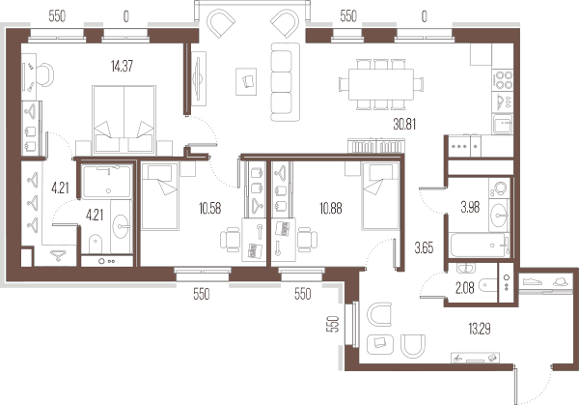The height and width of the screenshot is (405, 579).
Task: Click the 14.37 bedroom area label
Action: click(x=122, y=66)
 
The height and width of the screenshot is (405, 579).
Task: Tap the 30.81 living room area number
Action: click(x=404, y=125)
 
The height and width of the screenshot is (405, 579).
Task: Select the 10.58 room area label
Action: click(x=209, y=208)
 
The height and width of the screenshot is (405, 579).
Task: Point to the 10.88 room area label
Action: click(x=330, y=208)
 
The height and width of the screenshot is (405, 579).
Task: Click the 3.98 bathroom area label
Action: click(x=470, y=208)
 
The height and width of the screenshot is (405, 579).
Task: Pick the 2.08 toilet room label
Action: click(x=464, y=288)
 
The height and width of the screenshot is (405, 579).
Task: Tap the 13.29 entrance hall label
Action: click(x=480, y=329)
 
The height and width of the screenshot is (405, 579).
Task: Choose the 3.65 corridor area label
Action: click(x=424, y=248)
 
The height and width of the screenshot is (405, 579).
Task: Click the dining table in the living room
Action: click(x=381, y=84)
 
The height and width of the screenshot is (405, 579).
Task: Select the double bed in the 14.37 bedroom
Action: click(x=124, y=120)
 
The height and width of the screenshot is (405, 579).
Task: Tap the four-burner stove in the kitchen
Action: click(x=503, y=80)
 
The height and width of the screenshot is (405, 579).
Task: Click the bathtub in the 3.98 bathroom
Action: click(x=480, y=245)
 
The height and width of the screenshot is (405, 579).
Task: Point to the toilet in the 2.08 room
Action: click(x=487, y=285)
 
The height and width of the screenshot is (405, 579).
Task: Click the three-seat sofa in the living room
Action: click(x=285, y=82)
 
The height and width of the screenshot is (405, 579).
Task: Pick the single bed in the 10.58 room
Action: click(x=160, y=196)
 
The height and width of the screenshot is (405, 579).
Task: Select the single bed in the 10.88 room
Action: click(x=381, y=196)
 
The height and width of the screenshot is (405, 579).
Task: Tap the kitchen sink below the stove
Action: click(x=502, y=125)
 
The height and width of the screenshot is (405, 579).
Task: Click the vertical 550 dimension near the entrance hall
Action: click(x=334, y=324)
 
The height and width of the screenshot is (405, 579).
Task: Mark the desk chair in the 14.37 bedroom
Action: click(x=45, y=75)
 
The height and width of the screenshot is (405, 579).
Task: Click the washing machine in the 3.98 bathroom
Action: click(x=500, y=188)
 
